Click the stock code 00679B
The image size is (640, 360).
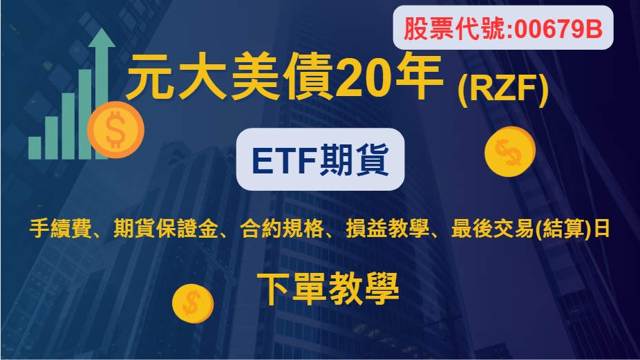tap(558, 29)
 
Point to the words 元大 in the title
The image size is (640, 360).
tap(176, 77)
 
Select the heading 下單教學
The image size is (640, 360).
tap(328, 289)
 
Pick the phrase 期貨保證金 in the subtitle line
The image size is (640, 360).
tap(166, 228)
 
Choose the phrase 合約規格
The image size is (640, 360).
tap(281, 228)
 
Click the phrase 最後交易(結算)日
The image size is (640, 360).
tap(531, 228)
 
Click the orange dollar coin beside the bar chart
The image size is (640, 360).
tap(116, 130)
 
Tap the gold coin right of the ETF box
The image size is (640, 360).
tap(510, 152)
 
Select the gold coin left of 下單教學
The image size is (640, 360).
tap(193, 303)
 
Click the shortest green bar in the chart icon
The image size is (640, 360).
tap(35, 147)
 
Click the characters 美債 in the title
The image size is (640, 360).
tap(281, 77)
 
